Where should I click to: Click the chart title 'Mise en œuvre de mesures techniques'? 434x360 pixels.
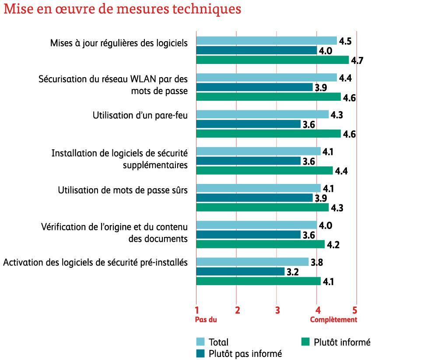click(122, 9)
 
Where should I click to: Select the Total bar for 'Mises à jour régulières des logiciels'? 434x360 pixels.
click(266, 41)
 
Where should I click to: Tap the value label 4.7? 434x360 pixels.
click(357, 60)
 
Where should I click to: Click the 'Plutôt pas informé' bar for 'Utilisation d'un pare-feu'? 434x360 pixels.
click(248, 124)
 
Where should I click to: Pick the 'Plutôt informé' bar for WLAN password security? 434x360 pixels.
click(268, 97)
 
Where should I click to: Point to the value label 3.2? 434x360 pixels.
click(292, 272)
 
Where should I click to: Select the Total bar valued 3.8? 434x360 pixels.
click(252, 262)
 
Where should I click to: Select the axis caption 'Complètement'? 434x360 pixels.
click(333, 320)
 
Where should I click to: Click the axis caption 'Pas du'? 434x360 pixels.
click(206, 320)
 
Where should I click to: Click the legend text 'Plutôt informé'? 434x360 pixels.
click(342, 342)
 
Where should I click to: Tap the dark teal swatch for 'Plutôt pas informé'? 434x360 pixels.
click(200, 353)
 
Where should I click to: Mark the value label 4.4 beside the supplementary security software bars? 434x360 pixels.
click(341, 171)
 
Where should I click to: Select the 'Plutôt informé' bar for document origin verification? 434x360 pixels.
click(260, 244)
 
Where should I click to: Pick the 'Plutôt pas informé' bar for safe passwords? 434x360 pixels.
click(254, 198)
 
